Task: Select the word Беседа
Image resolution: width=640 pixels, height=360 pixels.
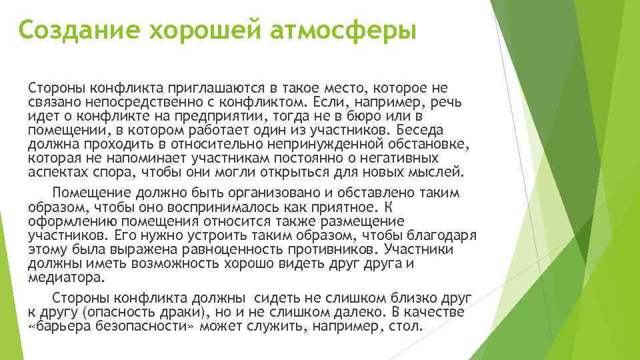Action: coord(429,131)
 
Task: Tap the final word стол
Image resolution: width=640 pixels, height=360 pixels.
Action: coord(408,326)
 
